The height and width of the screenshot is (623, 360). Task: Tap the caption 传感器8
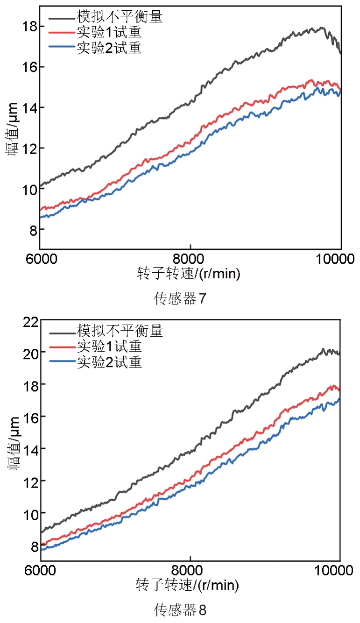[x=180, y=610]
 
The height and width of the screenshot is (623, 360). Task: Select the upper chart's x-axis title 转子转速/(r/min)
[x=189, y=274]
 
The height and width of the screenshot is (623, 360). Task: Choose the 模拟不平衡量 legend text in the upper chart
[x=120, y=17]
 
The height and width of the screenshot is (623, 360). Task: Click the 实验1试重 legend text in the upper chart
[x=109, y=33]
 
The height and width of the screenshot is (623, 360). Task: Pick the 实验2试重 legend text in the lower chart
[x=109, y=361]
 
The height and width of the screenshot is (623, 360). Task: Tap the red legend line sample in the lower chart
[x=62, y=347]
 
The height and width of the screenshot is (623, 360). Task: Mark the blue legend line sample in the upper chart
[x=62, y=48]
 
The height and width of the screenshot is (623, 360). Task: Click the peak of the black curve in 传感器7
[x=322, y=28]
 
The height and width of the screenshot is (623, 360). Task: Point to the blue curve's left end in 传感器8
[x=41, y=550]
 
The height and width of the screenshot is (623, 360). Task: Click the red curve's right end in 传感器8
[x=339, y=390]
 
